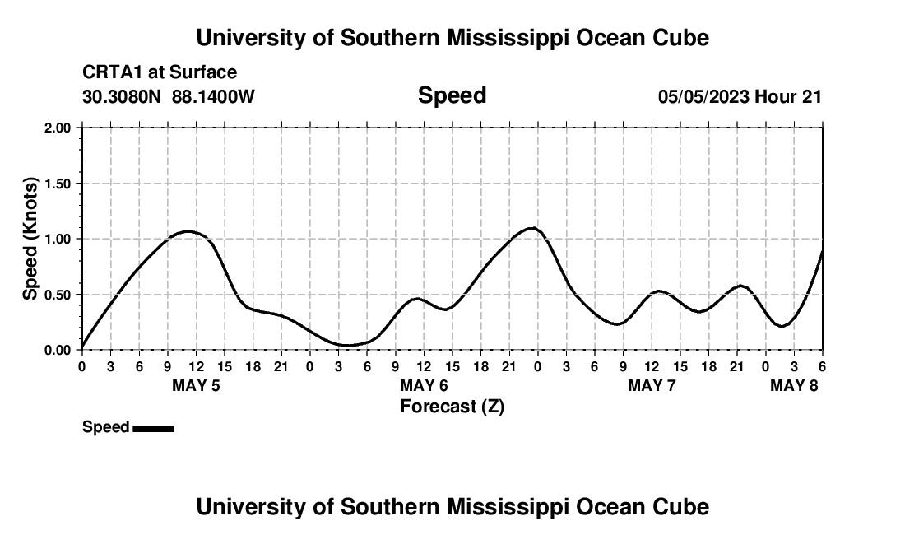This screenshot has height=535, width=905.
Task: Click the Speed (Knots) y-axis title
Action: click(x=30, y=239)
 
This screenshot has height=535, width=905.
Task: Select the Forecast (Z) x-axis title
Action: click(x=452, y=406)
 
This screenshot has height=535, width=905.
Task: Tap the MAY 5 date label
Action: click(x=196, y=385)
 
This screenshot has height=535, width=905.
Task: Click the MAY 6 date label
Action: click(x=424, y=385)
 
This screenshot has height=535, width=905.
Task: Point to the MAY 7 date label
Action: click(x=652, y=385)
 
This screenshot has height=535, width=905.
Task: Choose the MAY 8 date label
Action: click(x=794, y=385)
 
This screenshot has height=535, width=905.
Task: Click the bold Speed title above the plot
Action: click(x=452, y=95)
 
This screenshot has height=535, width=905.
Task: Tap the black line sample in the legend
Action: click(x=153, y=428)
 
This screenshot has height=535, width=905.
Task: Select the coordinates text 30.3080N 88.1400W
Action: click(x=169, y=96)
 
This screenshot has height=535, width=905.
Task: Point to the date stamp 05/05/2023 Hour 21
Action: click(x=740, y=96)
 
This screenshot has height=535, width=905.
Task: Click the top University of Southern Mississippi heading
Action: click(x=452, y=38)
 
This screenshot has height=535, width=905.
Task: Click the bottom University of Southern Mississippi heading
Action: click(x=452, y=507)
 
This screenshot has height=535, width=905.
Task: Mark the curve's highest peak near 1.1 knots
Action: click(x=531, y=228)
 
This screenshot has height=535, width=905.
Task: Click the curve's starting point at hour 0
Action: click(x=82, y=347)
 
